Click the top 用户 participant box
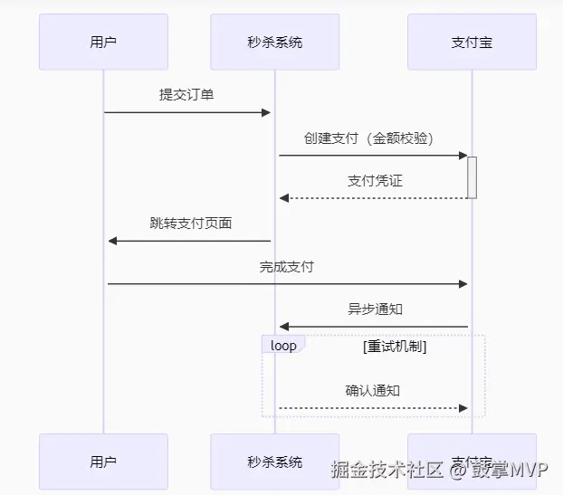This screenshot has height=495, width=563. [x=103, y=42]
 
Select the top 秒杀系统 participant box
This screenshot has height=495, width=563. [x=275, y=42]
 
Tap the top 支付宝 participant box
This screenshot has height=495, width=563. [x=472, y=42]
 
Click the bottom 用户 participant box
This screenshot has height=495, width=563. [x=103, y=462]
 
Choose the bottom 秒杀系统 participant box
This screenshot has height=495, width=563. [x=275, y=462]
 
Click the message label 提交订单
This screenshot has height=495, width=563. [x=186, y=94]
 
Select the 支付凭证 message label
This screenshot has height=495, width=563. [x=375, y=180]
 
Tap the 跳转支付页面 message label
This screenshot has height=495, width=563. [x=190, y=223]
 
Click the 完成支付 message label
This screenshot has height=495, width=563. [x=287, y=266]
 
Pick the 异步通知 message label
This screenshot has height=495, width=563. [x=375, y=309]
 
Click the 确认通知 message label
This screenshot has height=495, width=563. [x=373, y=391]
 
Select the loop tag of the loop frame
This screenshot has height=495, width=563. [x=283, y=346]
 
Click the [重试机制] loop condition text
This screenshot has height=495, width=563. [x=395, y=346]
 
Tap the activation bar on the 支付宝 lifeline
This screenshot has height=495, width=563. [x=472, y=177]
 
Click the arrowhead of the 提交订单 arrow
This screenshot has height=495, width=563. [x=266, y=112]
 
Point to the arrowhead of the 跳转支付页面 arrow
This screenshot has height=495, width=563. [x=112, y=241]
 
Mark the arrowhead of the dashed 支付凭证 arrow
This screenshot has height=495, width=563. [x=283, y=198]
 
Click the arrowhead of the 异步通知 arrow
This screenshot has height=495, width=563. [x=283, y=327]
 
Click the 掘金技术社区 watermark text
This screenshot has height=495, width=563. [x=386, y=470]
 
